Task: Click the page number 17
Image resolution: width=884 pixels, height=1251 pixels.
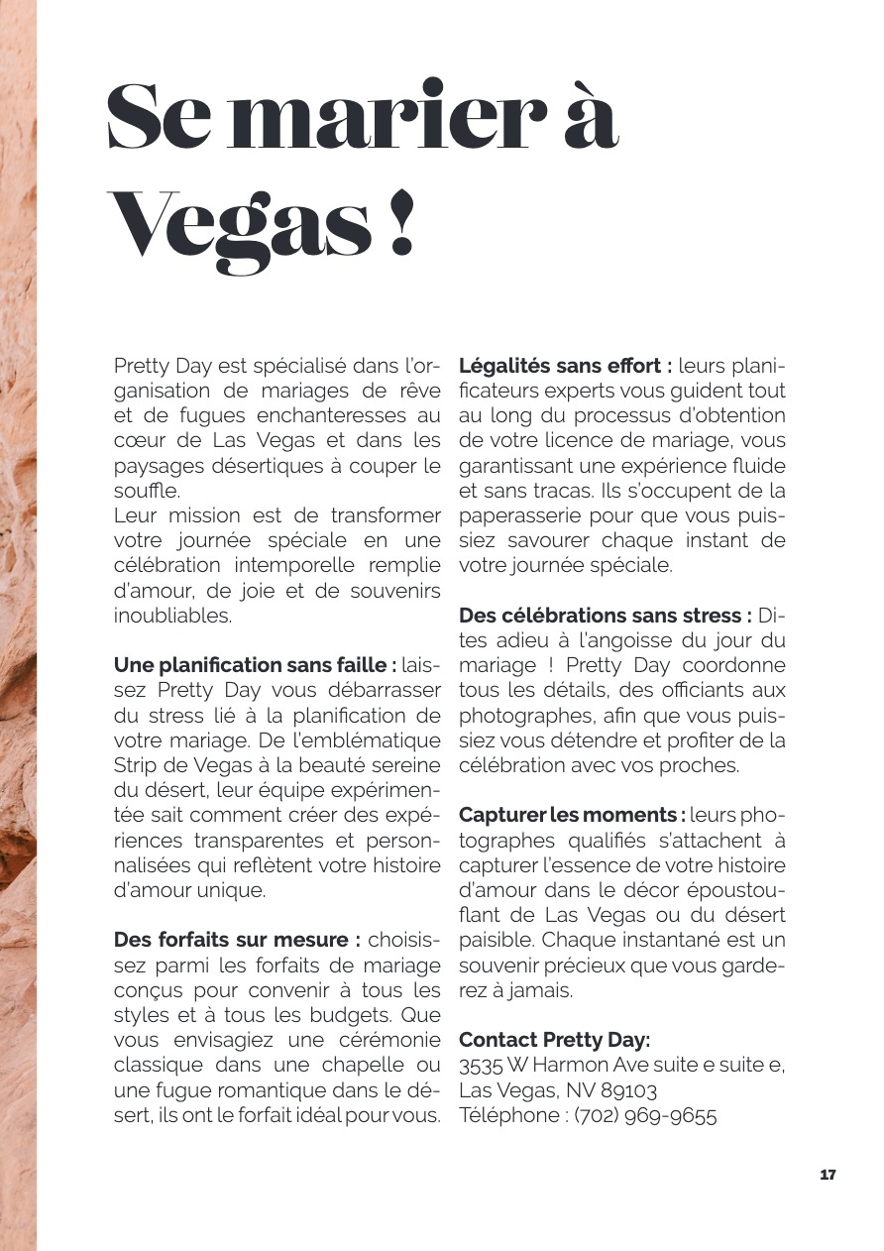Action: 828,1175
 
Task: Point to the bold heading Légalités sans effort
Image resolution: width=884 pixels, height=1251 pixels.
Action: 566,366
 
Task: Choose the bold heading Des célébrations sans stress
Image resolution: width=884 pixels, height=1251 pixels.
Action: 606,616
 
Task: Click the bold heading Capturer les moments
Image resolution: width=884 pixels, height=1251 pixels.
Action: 572,815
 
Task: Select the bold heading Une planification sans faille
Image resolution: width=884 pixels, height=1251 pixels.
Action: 255,664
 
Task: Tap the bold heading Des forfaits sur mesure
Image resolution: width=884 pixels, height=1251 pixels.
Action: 236,939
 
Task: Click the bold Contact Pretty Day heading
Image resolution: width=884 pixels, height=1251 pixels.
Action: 554,1040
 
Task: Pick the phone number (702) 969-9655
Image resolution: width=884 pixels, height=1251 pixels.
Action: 645,1115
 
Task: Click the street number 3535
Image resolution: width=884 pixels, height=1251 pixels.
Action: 482,1066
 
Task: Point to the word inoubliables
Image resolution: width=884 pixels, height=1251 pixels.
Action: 172,616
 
